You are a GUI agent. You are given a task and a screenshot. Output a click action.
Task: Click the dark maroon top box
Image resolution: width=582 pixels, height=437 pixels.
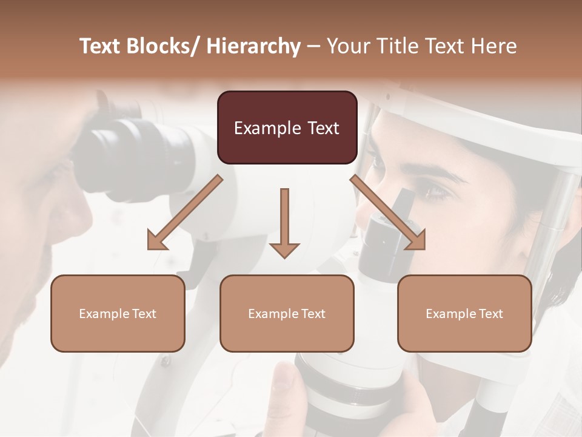click(x=287, y=127)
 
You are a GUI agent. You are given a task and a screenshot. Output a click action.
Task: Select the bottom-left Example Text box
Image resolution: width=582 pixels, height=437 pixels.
click(x=118, y=313)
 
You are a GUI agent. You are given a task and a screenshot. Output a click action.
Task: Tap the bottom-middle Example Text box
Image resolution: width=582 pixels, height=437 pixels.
click(x=287, y=313)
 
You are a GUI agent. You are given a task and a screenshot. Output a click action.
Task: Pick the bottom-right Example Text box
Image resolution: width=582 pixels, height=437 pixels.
click(x=464, y=313)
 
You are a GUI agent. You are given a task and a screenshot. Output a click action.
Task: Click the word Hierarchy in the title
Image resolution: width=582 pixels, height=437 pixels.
click(x=253, y=46)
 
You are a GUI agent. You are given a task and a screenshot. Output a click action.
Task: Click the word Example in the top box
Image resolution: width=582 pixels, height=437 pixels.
click(x=267, y=128)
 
